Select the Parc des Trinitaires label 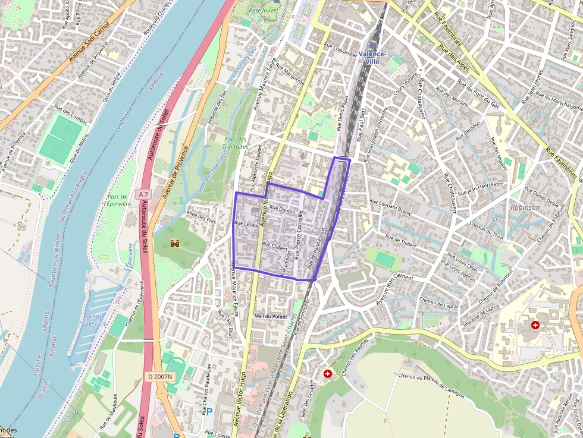pos(235,142)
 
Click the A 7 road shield pos(143,194)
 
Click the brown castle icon pos(175,244)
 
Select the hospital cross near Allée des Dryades pos(328,373)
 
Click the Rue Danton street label pos(282,210)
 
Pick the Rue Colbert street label pos(275,246)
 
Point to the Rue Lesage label pos(247,224)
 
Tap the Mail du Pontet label pos(270,316)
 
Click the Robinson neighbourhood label pos(525,207)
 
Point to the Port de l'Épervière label pos(95,320)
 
